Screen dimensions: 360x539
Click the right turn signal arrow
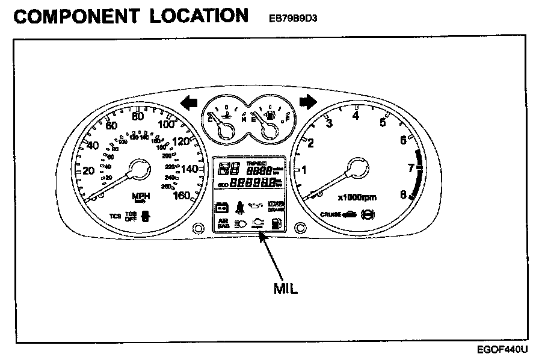307,102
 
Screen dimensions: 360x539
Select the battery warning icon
221,208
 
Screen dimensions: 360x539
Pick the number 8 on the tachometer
403,194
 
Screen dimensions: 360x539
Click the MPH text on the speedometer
141,197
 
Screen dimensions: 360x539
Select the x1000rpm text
356,197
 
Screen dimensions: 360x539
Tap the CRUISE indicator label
331,214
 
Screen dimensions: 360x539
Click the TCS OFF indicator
130,217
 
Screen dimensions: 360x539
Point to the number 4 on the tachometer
356,116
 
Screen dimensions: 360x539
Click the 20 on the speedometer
88,170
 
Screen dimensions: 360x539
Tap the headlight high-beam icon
239,224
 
